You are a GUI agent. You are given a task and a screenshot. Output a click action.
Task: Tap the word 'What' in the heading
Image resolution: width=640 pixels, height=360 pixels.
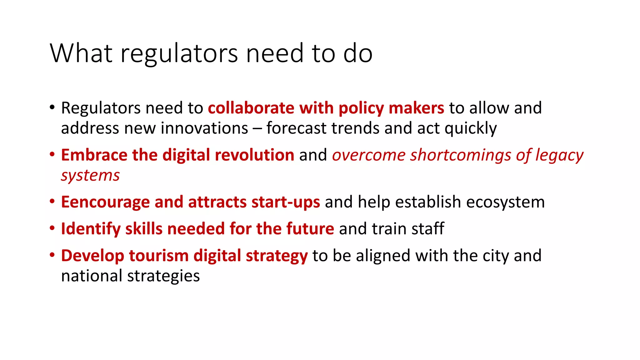point(81,53)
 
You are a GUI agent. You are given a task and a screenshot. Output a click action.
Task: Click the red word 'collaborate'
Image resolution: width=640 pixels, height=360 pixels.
point(251,108)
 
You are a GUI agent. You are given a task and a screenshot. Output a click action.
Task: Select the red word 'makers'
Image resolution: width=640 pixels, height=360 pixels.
point(416,108)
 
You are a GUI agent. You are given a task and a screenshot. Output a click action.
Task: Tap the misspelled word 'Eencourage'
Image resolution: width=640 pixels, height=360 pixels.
point(105,202)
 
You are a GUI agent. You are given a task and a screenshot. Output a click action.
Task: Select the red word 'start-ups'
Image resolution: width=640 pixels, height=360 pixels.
point(286,202)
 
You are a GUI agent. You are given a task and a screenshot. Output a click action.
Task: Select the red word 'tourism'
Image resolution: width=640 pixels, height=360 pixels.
point(159,256)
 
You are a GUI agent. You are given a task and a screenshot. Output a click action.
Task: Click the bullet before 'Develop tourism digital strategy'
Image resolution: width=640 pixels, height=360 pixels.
point(52,255)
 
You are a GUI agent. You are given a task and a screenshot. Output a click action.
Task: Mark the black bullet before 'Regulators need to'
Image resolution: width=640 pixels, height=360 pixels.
point(52,107)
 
